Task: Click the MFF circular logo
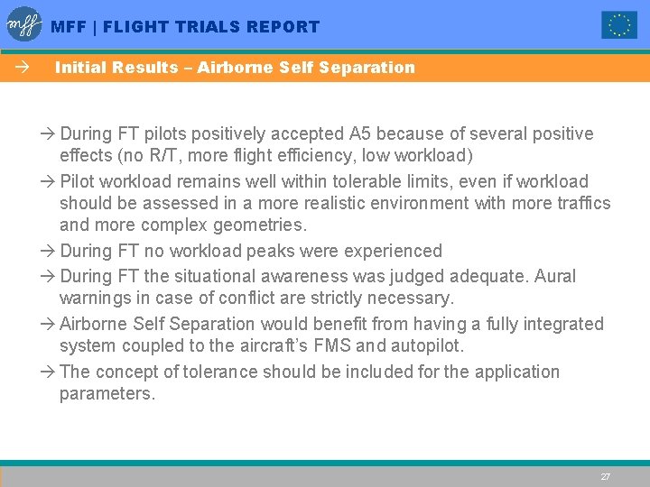pos(24,24)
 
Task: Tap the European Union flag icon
pos(619,25)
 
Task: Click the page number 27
pos(606,476)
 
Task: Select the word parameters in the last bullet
pos(107,394)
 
